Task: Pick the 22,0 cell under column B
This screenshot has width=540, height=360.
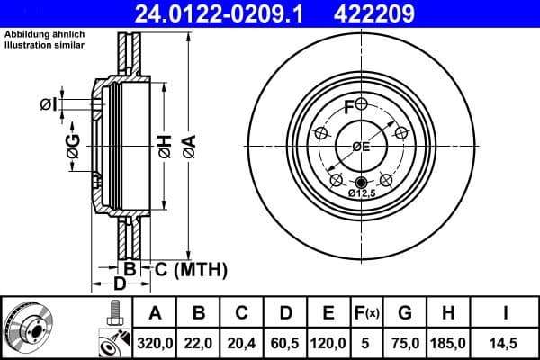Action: pos(200,342)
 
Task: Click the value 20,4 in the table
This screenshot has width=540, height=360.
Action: pos(242,342)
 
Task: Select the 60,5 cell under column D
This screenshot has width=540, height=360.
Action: pos(285,342)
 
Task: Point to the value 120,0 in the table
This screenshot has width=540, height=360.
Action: pos(329,342)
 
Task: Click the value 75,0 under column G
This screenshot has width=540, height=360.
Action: pos(405,342)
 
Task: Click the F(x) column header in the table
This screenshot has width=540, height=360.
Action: pos(368,313)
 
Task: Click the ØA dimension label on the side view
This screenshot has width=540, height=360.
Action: pos(188,147)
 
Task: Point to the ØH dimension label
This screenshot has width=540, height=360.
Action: pos(164,147)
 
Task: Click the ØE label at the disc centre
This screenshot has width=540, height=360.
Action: pos(360,147)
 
